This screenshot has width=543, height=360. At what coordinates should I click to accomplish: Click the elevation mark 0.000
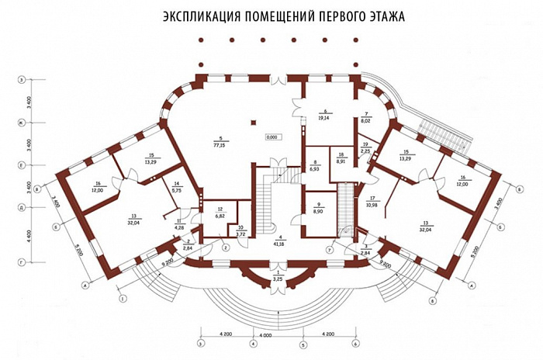coord(272,137)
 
